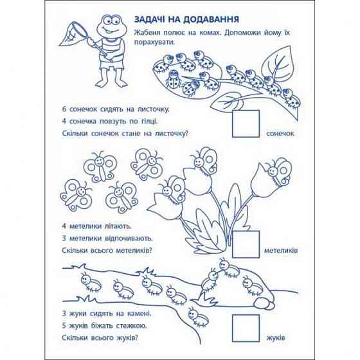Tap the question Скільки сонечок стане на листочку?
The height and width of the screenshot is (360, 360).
(x=125, y=134)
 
